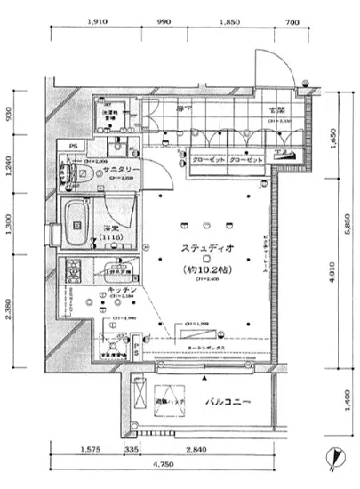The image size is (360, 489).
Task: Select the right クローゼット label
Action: point(246,162)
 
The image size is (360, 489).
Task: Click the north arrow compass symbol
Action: point(333,455)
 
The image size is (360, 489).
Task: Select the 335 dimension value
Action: point(132,450)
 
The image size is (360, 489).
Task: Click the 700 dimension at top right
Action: point(290,21)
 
